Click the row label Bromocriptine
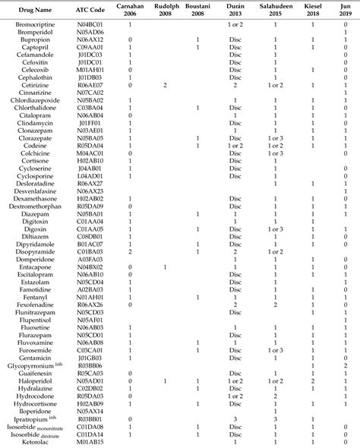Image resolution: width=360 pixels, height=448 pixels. click(x=29, y=25)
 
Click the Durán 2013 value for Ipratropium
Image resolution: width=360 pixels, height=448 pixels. click(x=235, y=418)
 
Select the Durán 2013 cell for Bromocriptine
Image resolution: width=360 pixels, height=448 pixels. click(x=235, y=25)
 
